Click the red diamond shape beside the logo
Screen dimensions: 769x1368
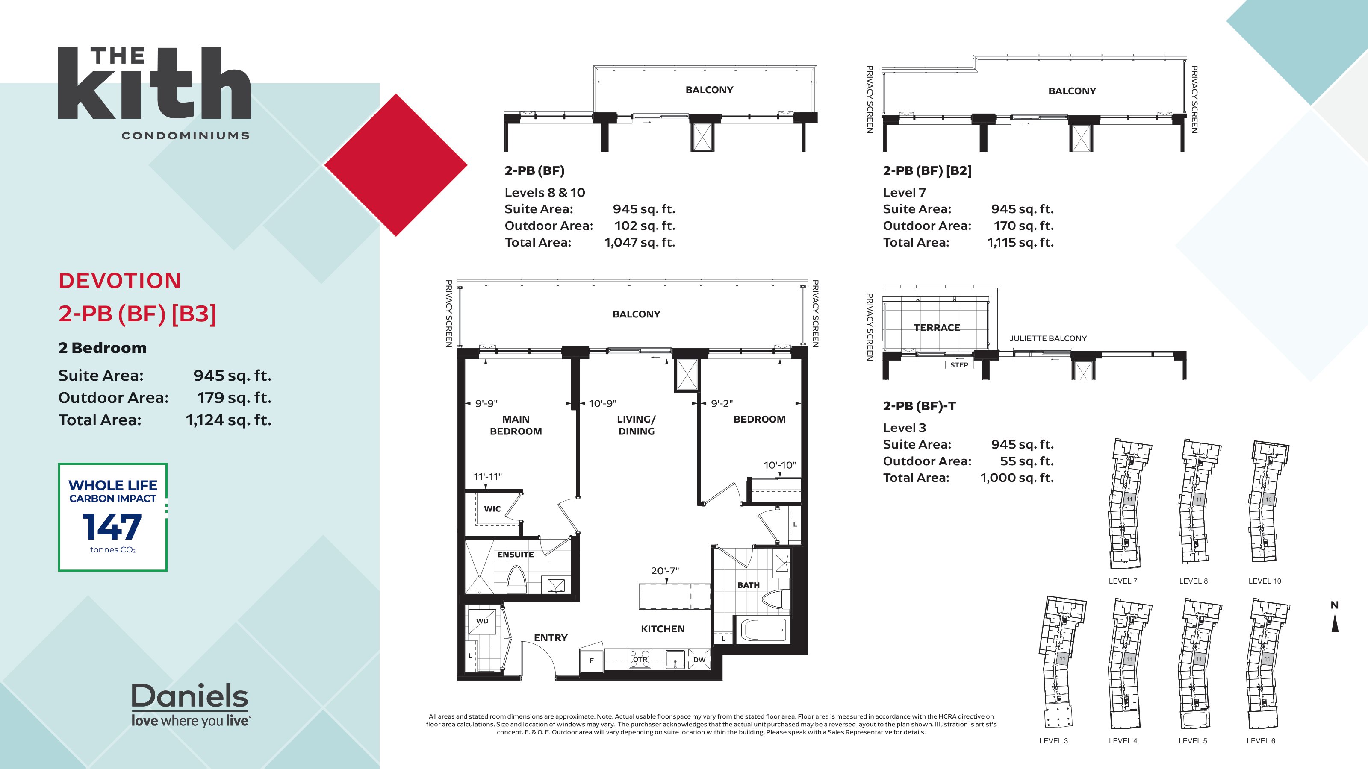click(x=395, y=165)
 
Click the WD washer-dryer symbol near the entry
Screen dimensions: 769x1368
click(x=482, y=621)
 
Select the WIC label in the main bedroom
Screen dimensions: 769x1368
click(x=492, y=508)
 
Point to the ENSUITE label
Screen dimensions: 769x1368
click(x=515, y=554)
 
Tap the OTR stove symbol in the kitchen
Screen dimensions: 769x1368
click(x=640, y=660)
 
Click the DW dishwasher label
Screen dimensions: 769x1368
click(x=699, y=660)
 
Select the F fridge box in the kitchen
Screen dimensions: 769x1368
click(x=591, y=661)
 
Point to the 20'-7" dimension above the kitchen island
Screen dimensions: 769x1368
click(x=665, y=570)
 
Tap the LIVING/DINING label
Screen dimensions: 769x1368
click(x=636, y=425)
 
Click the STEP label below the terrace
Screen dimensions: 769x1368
click(x=959, y=364)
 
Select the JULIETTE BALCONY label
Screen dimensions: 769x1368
click(x=1048, y=338)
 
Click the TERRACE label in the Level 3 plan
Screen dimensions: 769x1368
click(x=937, y=327)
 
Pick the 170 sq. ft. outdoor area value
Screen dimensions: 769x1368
click(x=1023, y=226)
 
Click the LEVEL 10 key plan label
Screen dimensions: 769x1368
click(x=1265, y=581)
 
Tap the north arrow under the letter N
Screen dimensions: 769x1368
click(x=1335, y=624)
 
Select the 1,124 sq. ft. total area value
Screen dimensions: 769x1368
click(x=228, y=420)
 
